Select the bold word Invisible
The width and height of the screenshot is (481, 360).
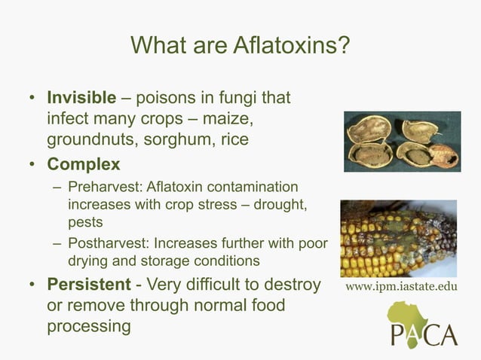(x=82, y=99)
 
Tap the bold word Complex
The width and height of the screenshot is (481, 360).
(x=84, y=163)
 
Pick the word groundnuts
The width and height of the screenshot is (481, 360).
(x=89, y=140)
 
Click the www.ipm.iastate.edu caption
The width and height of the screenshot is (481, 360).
(x=400, y=287)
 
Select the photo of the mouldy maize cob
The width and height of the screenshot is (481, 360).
(x=398, y=238)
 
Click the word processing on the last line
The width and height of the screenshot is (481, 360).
(x=88, y=327)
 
